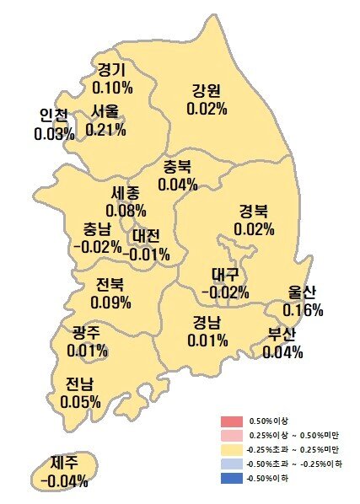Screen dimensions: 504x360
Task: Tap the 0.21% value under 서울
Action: pos(107,129)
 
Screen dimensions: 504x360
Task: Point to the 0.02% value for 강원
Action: pos(207,109)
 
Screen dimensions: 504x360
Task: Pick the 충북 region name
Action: pos(178,166)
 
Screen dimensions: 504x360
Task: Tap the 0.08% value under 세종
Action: pos(126,210)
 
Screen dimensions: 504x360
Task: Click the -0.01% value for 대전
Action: pos(147,254)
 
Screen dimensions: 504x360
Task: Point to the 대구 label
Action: pos(225,275)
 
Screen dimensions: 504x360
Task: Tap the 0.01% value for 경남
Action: pos(207,340)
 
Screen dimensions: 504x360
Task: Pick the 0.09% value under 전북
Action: pos(112,302)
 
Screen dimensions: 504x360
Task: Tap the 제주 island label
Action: pos(64,464)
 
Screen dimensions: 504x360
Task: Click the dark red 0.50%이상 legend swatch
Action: pos(231,421)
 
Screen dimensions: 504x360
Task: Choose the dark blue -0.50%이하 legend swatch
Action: pos(231,479)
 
